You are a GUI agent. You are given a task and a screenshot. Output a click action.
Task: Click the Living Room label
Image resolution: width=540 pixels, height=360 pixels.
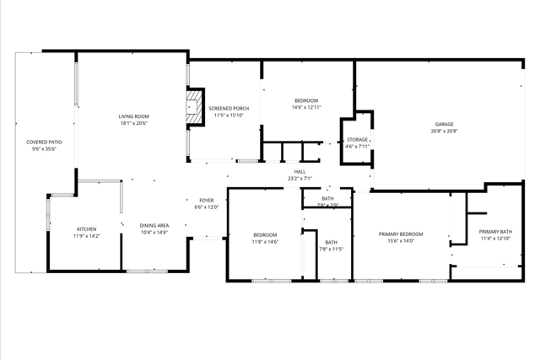[133, 116]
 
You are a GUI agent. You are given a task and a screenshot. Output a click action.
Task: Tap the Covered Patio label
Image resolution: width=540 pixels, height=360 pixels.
[44, 142]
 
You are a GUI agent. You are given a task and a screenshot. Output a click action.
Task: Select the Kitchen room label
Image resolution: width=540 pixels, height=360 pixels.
[87, 229]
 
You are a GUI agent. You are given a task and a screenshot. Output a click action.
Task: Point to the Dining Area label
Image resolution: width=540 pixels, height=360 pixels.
[154, 225]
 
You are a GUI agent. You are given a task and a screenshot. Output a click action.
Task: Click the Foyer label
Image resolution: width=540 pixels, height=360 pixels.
[206, 200]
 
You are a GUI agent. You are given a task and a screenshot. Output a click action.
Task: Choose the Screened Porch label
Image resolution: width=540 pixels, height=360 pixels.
[229, 109]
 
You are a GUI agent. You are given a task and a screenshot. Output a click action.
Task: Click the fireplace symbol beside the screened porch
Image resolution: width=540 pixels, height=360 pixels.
[196, 109]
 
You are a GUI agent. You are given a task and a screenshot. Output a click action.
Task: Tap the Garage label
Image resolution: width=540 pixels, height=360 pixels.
[445, 124]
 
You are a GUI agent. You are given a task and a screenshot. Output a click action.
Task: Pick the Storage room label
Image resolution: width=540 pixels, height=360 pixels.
[357, 139]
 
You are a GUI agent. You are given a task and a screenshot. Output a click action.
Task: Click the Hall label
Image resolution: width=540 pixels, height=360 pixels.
[300, 171]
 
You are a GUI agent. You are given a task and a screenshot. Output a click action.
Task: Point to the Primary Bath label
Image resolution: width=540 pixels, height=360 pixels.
[495, 232]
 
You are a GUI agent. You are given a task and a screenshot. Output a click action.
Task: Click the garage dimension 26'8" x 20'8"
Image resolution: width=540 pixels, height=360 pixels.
[445, 131]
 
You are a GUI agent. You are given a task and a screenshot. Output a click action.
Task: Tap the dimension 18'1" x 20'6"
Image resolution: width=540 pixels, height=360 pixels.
[133, 123]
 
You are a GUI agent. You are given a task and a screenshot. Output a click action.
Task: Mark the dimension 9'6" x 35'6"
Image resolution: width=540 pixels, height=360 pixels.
[44, 149]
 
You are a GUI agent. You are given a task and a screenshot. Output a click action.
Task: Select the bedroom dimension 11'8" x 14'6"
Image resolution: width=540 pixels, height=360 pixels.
[265, 242]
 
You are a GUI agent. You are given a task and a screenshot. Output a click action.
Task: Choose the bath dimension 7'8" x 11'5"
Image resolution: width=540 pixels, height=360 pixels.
[331, 249]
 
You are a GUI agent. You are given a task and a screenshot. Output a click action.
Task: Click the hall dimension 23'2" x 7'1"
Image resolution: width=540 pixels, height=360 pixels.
[300, 178]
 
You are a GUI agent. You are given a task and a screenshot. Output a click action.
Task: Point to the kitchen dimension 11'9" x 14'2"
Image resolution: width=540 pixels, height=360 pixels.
[87, 236]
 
